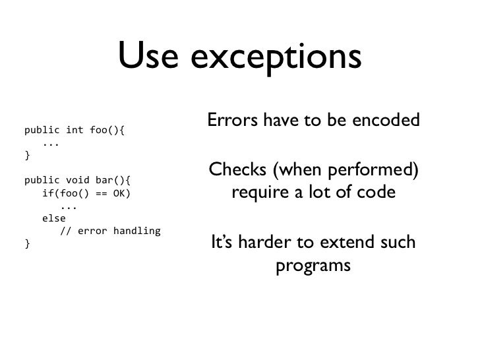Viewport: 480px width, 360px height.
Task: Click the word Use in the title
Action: point(150,57)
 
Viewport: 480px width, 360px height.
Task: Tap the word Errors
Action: point(229,121)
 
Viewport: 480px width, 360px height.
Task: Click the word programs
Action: point(313,268)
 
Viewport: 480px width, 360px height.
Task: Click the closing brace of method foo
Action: point(27,155)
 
